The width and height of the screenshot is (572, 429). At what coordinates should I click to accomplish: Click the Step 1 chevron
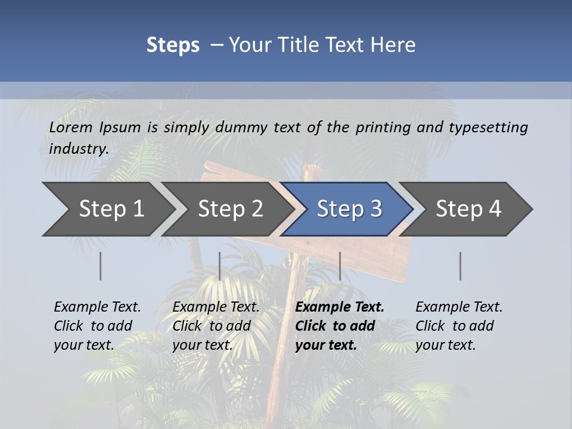tap(111, 209)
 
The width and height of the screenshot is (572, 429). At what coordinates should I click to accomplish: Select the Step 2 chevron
tap(230, 209)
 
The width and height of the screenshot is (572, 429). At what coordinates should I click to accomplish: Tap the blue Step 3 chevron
tap(349, 209)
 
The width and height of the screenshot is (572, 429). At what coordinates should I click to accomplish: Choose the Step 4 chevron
tap(468, 209)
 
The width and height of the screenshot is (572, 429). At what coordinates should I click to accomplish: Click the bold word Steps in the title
tap(173, 45)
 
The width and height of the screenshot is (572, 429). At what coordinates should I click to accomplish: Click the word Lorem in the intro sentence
tap(71, 128)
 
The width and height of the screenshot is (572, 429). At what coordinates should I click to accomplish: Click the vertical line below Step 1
tap(101, 266)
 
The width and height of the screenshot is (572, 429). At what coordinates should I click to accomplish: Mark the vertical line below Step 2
tap(220, 266)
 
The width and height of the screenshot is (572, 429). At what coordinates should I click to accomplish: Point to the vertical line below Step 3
tap(340, 266)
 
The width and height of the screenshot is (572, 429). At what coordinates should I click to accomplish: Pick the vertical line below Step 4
tap(460, 266)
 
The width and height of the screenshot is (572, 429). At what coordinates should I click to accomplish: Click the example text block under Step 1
tap(97, 326)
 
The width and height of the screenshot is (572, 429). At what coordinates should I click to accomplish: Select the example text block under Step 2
tap(216, 326)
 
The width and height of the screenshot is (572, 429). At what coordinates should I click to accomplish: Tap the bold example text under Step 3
tap(340, 326)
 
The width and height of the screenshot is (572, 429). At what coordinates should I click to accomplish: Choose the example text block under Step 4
tap(459, 326)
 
